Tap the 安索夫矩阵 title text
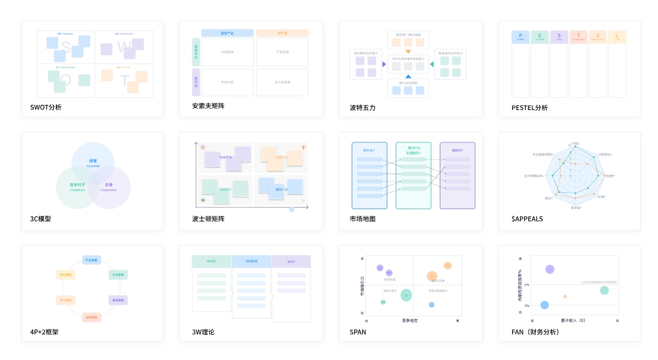(208, 106)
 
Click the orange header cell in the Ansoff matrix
(282, 33)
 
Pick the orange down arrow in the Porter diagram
(408, 51)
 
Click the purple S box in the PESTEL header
(559, 37)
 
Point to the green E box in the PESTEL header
(539, 37)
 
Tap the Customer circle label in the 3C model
(93, 163)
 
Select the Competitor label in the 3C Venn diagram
(78, 187)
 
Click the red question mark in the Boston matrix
(303, 148)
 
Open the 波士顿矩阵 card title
(208, 219)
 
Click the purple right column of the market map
(457, 175)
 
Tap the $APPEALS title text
(527, 219)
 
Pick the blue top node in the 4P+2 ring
(91, 260)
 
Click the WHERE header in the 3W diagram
(251, 262)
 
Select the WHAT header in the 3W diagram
(212, 262)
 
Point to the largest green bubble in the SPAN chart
(406, 295)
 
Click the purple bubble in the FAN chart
(549, 269)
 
